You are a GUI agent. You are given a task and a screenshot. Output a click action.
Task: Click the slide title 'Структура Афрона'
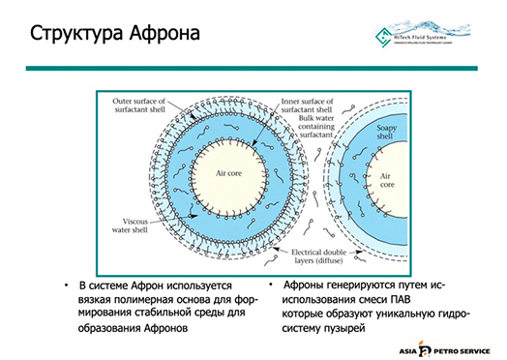coord(116,35)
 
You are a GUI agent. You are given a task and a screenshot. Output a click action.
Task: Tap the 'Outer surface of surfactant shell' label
coord(137,103)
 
